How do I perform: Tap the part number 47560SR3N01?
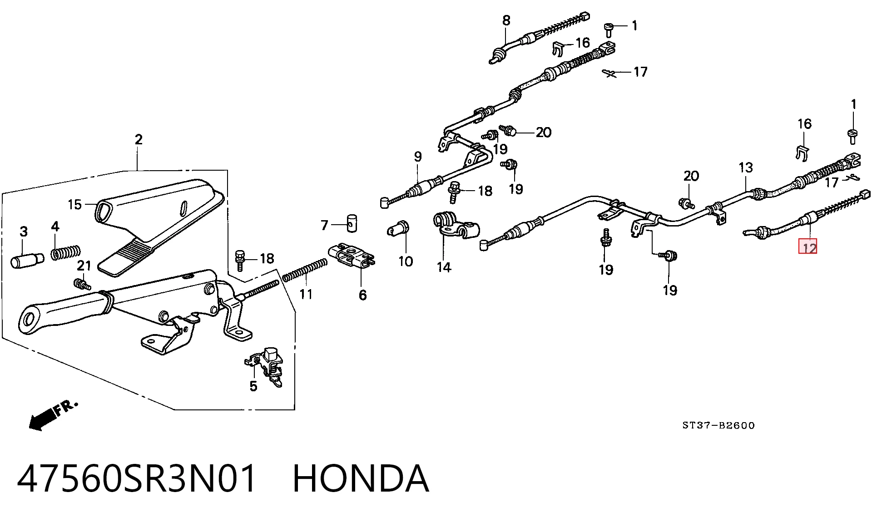pos(137,478)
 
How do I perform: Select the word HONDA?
pos(361,478)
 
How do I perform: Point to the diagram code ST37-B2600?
pos(718,425)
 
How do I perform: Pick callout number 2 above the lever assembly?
pos(139,139)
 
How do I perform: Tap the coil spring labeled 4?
pos(66,252)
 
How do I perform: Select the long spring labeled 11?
pos(304,270)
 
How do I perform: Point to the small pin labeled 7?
pos(352,223)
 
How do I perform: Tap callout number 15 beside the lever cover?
pos(74,204)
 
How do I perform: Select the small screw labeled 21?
pos(82,284)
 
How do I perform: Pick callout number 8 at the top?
pos(506,20)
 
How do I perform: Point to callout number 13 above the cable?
pos(746,167)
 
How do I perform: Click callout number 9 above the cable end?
pos(418,157)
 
